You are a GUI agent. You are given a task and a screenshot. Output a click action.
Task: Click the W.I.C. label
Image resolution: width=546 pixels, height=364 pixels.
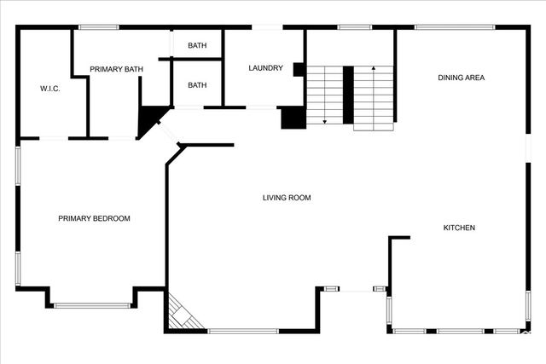(49, 88)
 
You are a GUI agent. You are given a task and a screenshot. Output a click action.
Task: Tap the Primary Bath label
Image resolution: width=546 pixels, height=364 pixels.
(116, 69)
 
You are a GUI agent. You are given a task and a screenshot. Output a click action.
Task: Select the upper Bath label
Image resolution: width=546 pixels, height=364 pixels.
(197, 45)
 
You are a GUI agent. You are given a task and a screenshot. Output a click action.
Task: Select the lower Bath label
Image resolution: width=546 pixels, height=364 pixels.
(197, 85)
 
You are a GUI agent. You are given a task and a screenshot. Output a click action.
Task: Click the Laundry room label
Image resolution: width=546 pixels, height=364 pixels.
(265, 68)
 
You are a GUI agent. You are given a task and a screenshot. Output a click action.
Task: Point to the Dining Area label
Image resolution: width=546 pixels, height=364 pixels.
(462, 78)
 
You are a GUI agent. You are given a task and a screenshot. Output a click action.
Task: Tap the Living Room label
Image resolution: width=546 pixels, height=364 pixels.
(286, 198)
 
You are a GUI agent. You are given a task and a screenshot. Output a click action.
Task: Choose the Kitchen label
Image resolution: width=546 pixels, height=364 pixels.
(459, 228)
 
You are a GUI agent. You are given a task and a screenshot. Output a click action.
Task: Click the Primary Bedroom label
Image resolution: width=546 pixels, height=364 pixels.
(94, 218)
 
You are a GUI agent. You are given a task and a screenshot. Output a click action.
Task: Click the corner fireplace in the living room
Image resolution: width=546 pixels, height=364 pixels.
(180, 313)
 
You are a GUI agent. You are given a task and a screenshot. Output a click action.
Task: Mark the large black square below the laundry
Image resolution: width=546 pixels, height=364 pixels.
(293, 117)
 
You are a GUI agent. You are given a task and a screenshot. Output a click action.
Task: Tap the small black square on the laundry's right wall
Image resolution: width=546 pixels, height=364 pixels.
(299, 70)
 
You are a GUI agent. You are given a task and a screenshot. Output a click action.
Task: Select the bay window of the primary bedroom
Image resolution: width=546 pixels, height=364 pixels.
(92, 305)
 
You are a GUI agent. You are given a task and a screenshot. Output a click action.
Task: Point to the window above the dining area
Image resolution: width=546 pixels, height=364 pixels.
(455, 27)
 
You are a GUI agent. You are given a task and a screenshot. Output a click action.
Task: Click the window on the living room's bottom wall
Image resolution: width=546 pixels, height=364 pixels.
(242, 331)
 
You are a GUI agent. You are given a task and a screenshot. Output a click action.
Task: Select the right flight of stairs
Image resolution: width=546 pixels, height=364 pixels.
(373, 95)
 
